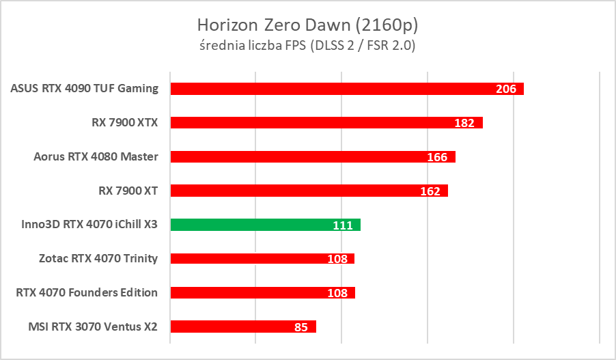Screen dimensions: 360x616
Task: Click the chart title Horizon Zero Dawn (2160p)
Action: [x=307, y=25]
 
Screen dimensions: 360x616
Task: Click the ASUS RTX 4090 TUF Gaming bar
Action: [x=328, y=89]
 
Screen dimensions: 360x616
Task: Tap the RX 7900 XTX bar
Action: [x=307, y=123]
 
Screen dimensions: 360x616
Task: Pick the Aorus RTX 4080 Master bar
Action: [x=294, y=157]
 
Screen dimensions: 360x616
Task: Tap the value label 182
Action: [x=464, y=124]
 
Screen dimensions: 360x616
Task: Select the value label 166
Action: [x=437, y=158]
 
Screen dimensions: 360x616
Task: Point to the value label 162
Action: [x=430, y=192]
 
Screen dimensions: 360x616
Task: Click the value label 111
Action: [x=343, y=225]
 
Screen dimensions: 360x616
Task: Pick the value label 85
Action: [x=301, y=327]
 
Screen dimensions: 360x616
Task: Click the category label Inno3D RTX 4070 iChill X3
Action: [x=85, y=224]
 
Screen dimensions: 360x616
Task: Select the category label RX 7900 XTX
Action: [x=124, y=122]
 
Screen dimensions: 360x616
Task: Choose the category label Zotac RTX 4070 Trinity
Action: [x=98, y=258]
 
